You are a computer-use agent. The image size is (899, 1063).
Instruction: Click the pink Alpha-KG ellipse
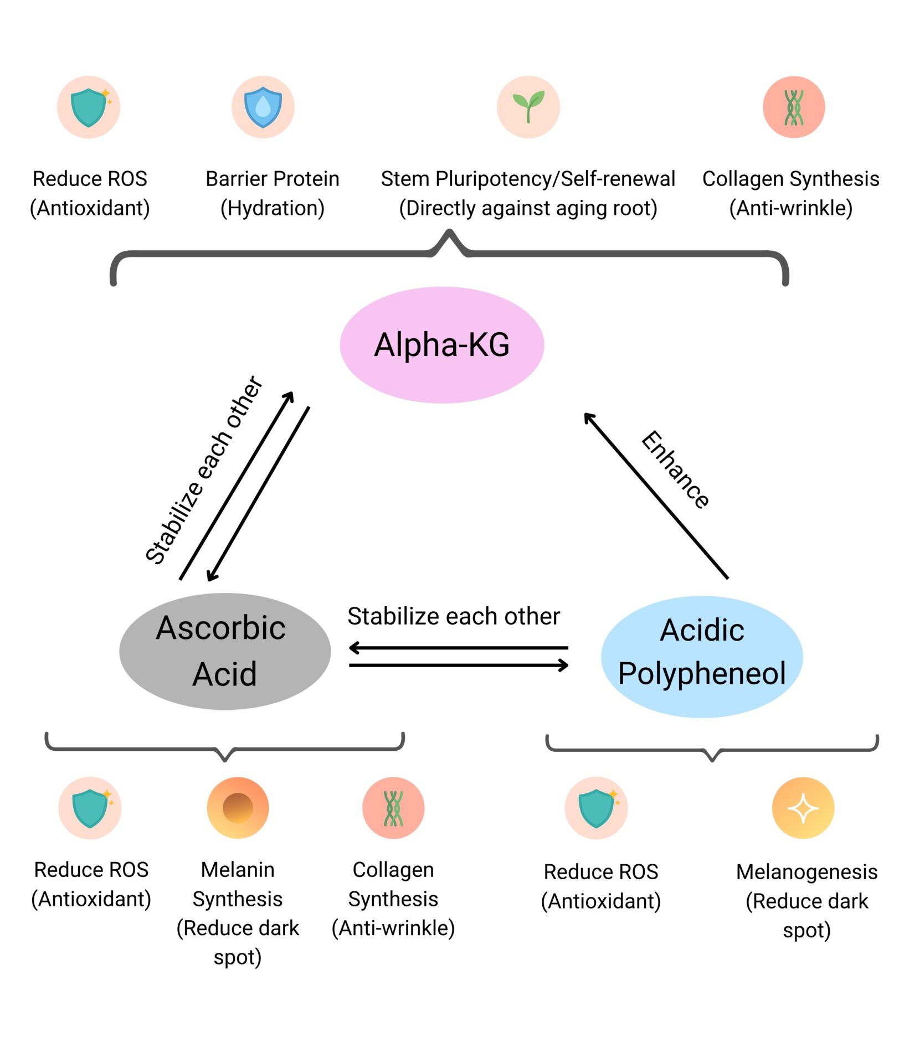click(x=441, y=344)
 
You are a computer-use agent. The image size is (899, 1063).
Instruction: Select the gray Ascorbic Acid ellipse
click(x=225, y=651)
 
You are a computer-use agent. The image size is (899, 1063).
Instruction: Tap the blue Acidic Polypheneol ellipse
click(x=702, y=657)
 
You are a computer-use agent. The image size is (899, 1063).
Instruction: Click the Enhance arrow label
click(x=675, y=469)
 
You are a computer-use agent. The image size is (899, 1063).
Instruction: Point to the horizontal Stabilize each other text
click(x=454, y=616)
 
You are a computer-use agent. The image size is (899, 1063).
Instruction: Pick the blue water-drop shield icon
click(x=263, y=107)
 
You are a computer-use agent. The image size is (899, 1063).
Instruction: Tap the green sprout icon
click(x=528, y=107)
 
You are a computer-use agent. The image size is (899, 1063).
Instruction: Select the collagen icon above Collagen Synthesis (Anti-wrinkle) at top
click(x=794, y=107)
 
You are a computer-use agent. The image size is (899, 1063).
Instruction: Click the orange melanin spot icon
click(x=238, y=808)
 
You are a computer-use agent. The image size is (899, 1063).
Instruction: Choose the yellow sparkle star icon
click(x=803, y=808)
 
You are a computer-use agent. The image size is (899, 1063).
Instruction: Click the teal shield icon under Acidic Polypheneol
click(x=597, y=808)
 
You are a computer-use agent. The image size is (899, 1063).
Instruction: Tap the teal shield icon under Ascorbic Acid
click(x=90, y=808)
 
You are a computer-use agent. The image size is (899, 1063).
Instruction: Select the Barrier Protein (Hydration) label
click(x=272, y=193)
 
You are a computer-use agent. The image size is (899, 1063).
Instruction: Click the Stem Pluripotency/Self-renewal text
click(x=528, y=179)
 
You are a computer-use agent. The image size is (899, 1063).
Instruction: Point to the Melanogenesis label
click(x=806, y=871)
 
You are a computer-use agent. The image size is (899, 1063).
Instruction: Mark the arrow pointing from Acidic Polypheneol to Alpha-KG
click(x=656, y=496)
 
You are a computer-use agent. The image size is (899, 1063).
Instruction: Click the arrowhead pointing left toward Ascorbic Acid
click(x=353, y=648)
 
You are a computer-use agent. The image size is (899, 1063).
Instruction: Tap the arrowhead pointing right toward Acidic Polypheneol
click(x=564, y=665)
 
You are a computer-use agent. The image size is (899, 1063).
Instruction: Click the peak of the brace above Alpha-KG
click(x=449, y=233)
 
